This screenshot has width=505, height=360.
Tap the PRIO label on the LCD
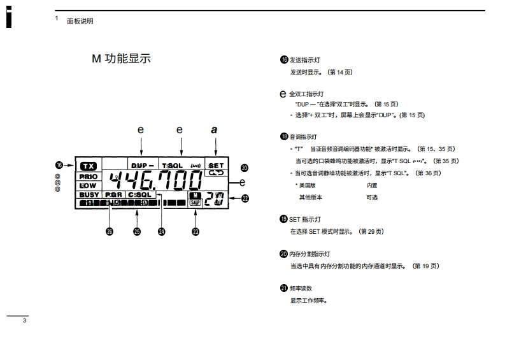89,176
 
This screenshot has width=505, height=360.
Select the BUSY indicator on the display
89,194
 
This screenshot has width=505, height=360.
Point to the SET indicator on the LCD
216,164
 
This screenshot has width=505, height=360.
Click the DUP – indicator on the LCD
143,164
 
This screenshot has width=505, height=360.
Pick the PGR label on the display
114,194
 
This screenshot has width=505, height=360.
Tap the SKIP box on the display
195,201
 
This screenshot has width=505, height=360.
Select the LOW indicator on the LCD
88,185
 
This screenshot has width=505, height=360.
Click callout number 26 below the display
110,232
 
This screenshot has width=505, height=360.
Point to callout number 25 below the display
136,232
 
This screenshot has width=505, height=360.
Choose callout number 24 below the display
162,232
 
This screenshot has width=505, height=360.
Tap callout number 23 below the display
196,232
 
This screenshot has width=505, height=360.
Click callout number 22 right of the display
245,198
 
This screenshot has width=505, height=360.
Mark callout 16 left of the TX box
60,164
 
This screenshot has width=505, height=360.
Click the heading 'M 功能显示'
121,59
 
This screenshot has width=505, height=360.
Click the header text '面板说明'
80,21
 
